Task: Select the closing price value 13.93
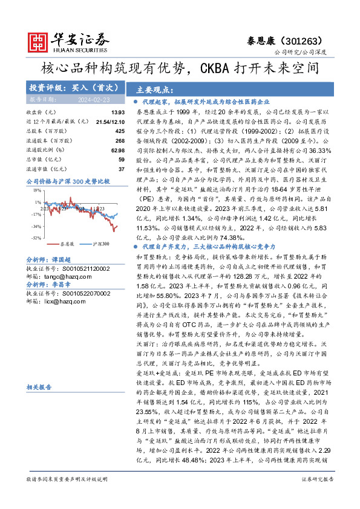[x=118, y=112]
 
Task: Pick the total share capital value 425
[x=120, y=131]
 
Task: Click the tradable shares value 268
[x=120, y=140]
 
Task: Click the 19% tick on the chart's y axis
[x=38, y=190]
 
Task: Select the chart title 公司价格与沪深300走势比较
[x=68, y=181]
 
